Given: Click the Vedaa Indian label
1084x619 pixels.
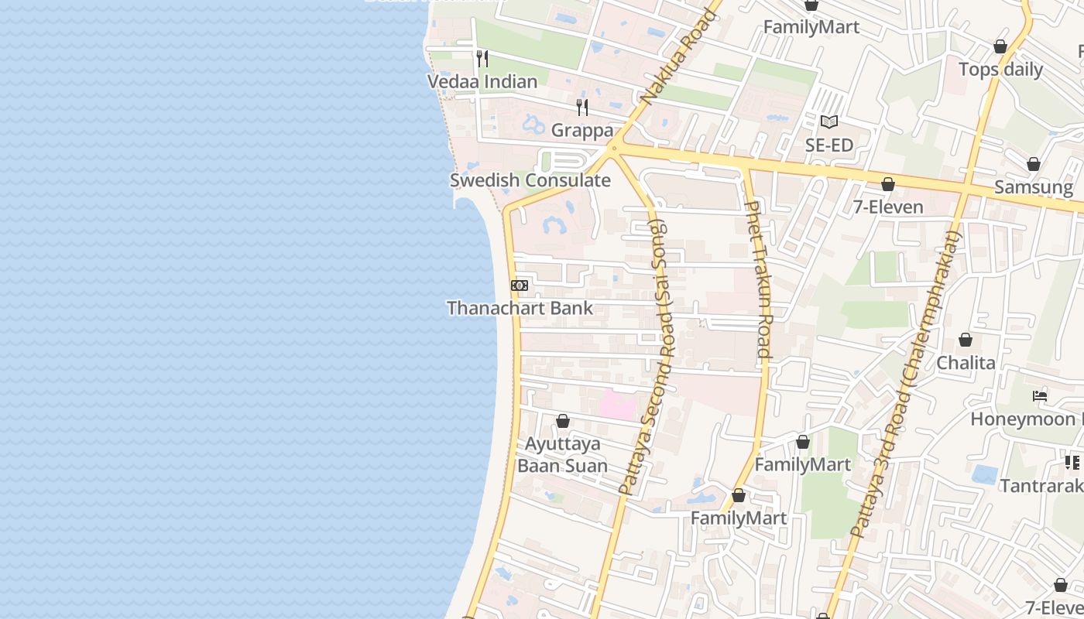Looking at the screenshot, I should tap(482, 81).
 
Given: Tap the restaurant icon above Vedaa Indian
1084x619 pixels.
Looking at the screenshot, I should tap(482, 58).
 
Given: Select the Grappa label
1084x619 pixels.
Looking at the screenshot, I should tap(582, 130).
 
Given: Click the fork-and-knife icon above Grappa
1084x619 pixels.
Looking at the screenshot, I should tap(582, 107).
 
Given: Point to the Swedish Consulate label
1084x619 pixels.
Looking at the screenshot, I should tap(530, 180).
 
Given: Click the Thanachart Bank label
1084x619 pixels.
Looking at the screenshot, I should tap(520, 308).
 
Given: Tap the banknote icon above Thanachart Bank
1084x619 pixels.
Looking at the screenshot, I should tap(520, 286).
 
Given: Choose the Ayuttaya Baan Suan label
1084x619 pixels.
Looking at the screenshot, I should tap(562, 455).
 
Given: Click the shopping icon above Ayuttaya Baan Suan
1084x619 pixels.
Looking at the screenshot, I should tap(563, 421).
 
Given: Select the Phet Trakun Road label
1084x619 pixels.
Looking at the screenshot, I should tap(759, 279).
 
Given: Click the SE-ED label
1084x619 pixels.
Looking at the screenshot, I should tap(828, 145).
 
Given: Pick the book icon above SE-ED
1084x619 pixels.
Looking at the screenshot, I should tap(829, 121).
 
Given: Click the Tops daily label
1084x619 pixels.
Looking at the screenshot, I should tap(1000, 70).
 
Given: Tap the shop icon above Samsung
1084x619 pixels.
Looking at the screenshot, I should tap(1033, 164).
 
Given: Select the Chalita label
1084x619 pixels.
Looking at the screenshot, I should tap(966, 363).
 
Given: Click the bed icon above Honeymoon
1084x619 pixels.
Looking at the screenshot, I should tap(1040, 396).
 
